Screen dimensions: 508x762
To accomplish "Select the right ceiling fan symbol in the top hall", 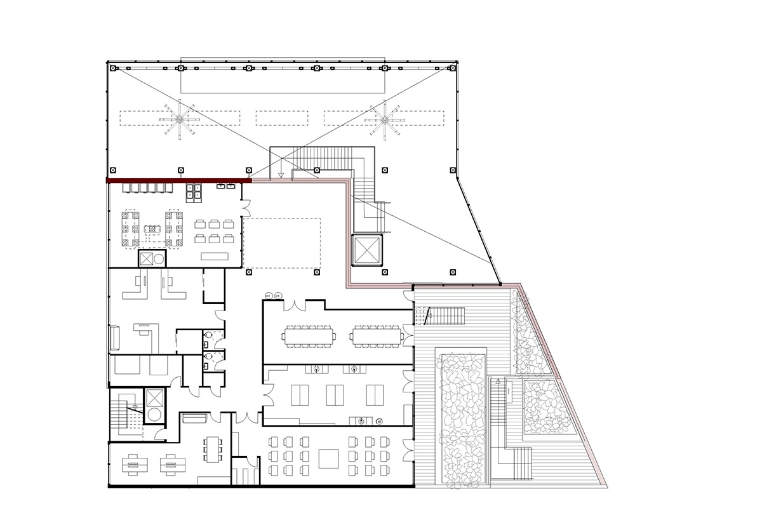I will (x=384, y=119).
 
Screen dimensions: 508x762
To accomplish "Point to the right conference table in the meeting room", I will (x=378, y=335).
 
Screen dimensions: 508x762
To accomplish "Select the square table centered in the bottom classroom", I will (x=329, y=458).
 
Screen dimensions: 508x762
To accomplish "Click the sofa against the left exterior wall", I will (x=114, y=337).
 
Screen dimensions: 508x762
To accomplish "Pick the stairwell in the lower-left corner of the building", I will (x=127, y=414).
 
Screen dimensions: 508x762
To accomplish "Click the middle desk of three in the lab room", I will (x=335, y=394).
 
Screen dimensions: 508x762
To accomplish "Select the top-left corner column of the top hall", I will (x=112, y=67).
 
